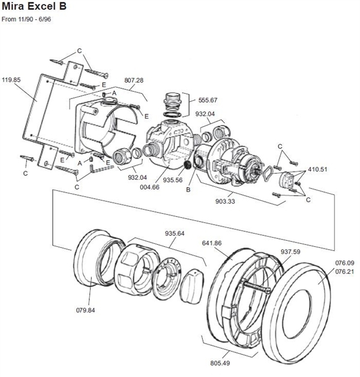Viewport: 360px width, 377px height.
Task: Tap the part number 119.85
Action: (11, 79)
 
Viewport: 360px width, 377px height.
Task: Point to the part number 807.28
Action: (134, 80)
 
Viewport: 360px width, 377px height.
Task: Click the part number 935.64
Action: (175, 234)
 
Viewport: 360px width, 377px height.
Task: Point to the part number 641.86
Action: (212, 244)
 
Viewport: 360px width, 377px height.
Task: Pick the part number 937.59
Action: (290, 252)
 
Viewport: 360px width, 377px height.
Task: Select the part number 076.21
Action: (344, 271)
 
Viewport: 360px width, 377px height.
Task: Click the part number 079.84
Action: (86, 310)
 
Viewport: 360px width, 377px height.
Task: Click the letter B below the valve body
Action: (188, 190)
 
